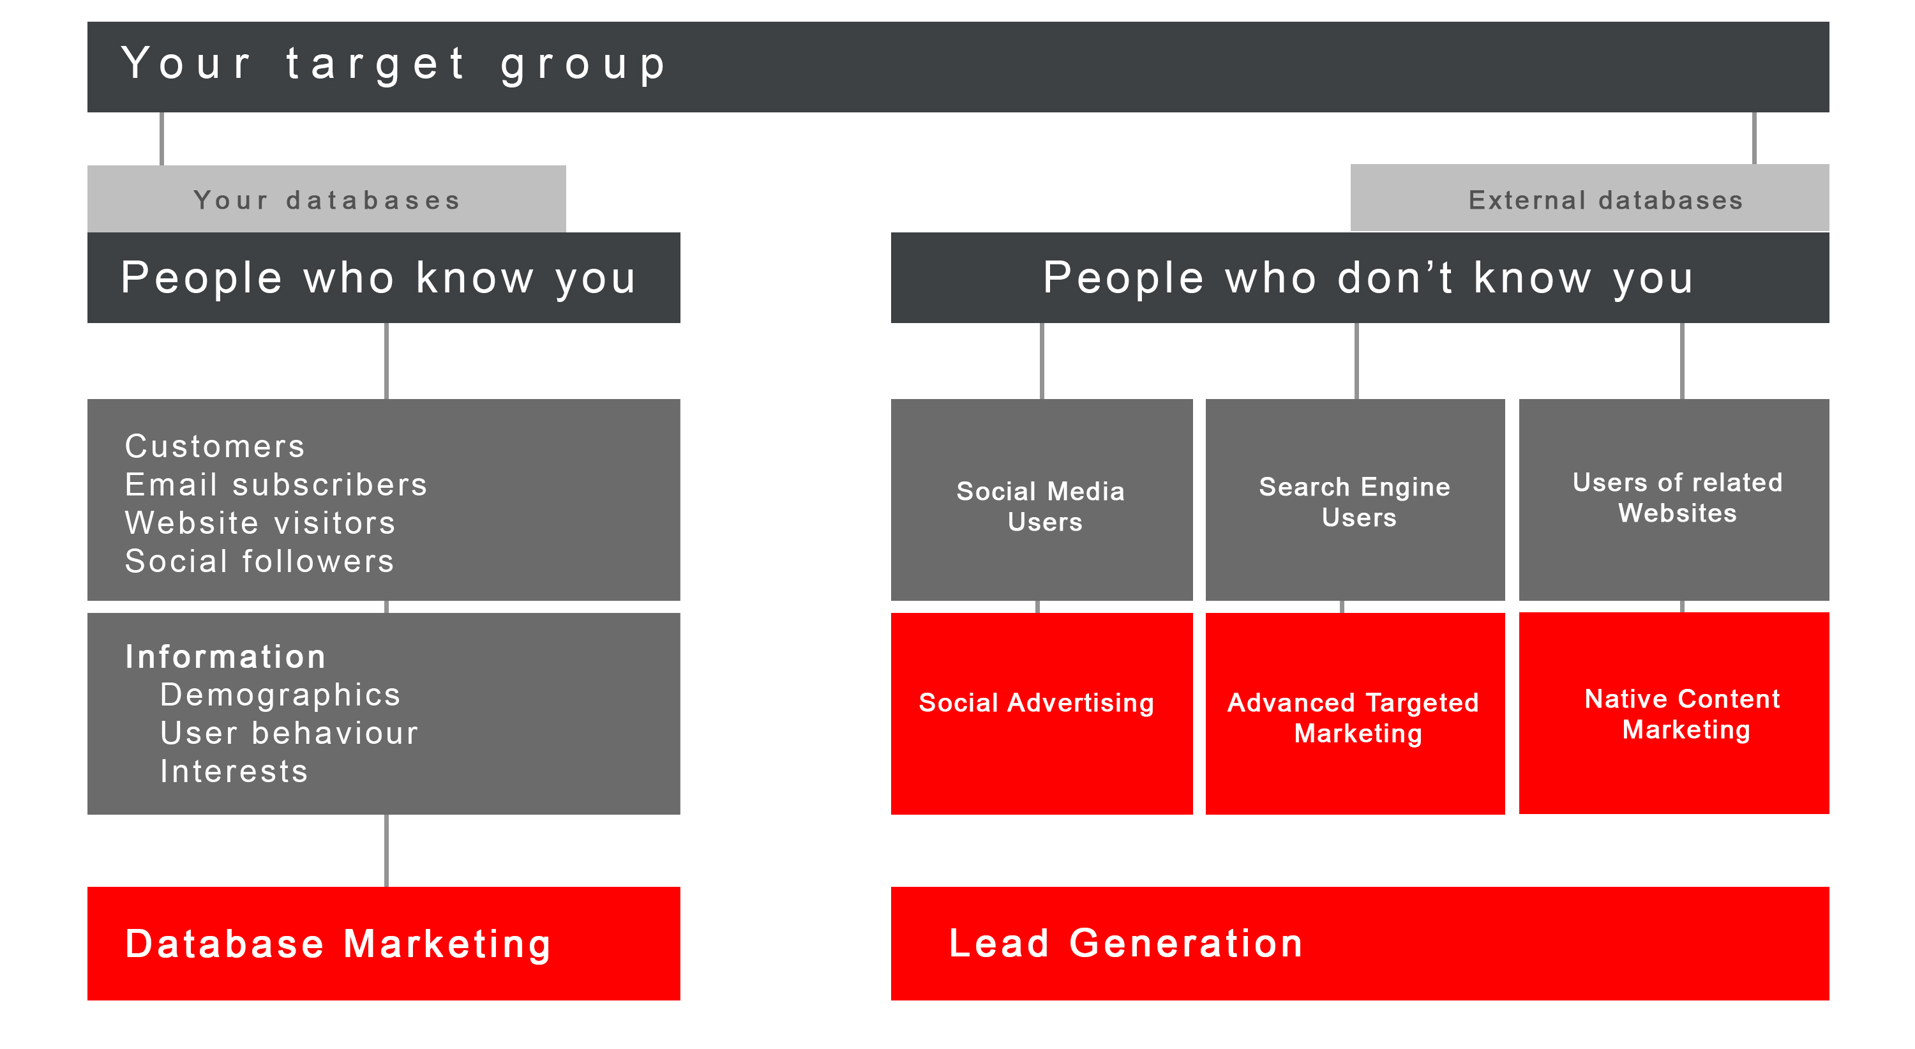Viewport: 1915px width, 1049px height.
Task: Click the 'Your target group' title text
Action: pos(393,64)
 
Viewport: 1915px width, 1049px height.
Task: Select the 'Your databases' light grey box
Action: pos(326,199)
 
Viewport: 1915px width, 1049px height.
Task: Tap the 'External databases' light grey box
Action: pos(1589,198)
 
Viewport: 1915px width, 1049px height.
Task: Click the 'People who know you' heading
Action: pos(379,278)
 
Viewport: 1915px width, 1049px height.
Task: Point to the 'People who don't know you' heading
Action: pos(1368,278)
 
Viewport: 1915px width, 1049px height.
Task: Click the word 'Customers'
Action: pos(215,446)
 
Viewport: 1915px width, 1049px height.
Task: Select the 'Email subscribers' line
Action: pos(276,485)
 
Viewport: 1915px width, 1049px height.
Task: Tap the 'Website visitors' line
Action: pos(260,523)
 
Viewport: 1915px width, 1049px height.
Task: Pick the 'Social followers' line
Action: pos(259,561)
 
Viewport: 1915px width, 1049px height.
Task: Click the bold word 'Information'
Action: pos(225,657)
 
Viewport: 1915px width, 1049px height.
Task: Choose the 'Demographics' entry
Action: pos(280,695)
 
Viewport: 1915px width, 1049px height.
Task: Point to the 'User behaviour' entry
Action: pos(289,734)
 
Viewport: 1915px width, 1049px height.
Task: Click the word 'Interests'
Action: pos(234,772)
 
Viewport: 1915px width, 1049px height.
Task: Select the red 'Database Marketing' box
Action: pos(384,944)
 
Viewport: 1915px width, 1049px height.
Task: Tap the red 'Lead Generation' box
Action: pos(1360,944)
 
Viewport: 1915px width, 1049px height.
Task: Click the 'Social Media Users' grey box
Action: pos(1042,499)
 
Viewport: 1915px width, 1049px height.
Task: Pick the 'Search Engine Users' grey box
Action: pos(1355,499)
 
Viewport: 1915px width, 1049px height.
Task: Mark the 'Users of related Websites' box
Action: pos(1674,499)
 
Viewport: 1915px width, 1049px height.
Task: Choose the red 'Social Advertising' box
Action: pos(1042,714)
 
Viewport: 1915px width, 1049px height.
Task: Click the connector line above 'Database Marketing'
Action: pos(387,850)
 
